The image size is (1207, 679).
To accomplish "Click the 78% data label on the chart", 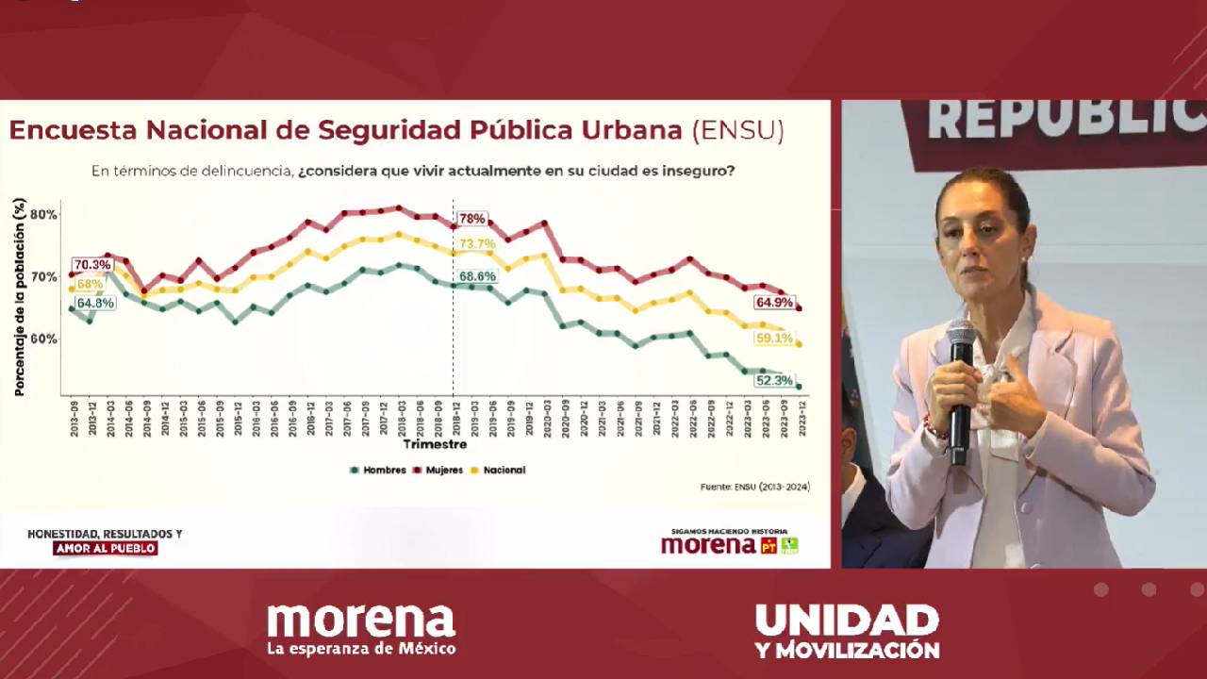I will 471,219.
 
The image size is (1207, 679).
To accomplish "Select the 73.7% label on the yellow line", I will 477,244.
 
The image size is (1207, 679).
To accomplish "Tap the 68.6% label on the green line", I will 477,276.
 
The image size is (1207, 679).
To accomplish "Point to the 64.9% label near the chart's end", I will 773,303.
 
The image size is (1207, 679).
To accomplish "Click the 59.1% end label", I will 773,338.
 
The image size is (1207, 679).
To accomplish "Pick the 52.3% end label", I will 773,381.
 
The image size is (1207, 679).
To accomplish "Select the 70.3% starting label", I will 91,265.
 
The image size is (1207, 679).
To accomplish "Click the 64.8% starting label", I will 95,303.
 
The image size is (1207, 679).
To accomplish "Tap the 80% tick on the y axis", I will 43,215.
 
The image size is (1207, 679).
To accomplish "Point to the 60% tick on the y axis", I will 43,339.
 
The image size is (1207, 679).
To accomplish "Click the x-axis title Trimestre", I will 435,444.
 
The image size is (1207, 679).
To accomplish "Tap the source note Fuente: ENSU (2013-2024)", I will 754,487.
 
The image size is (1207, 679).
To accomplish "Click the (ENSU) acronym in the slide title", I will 737,130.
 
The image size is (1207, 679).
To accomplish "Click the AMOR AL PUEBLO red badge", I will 105,549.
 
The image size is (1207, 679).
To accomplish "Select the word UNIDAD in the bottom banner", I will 847,620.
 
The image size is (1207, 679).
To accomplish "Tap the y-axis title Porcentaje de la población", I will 19,297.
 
